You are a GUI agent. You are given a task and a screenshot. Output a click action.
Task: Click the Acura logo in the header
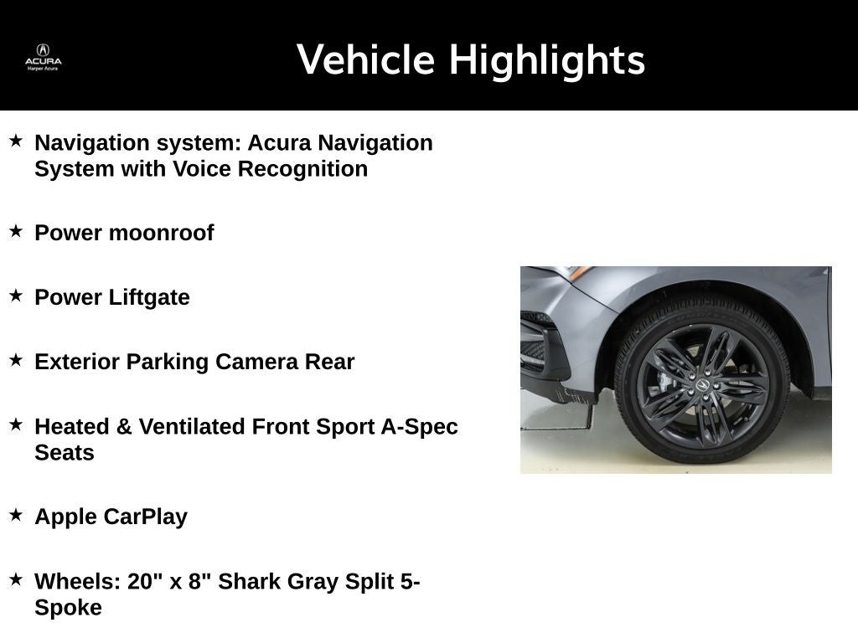[x=43, y=56]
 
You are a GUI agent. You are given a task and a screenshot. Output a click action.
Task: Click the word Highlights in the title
[x=546, y=60]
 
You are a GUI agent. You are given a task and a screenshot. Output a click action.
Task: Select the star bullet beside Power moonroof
[x=16, y=231]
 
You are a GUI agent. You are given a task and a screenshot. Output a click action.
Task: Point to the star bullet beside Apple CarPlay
[x=16, y=515]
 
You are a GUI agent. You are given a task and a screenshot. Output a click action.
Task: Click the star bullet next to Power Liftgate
[x=16, y=296]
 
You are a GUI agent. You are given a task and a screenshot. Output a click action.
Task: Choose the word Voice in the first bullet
[x=202, y=168]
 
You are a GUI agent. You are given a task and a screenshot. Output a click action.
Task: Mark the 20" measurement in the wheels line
[x=145, y=581]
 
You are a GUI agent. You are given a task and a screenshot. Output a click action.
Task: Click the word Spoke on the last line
[x=68, y=607]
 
